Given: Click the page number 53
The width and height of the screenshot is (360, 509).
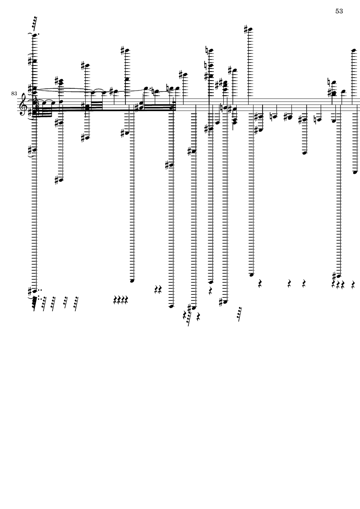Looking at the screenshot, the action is tap(339, 11).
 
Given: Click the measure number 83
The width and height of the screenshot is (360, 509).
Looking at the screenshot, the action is tap(14, 94).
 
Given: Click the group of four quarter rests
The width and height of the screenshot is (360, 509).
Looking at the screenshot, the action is tap(121, 299).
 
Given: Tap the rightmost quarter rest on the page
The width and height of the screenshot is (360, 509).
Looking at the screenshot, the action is tap(354, 285).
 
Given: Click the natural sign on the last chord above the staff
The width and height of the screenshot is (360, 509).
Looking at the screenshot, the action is tap(329, 81).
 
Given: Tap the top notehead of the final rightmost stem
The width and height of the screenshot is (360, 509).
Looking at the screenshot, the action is tap(354, 50).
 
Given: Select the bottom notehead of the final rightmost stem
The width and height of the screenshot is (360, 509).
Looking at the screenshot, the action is tap(355, 172).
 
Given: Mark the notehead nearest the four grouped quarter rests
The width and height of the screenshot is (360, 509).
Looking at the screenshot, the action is tap(132, 281).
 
